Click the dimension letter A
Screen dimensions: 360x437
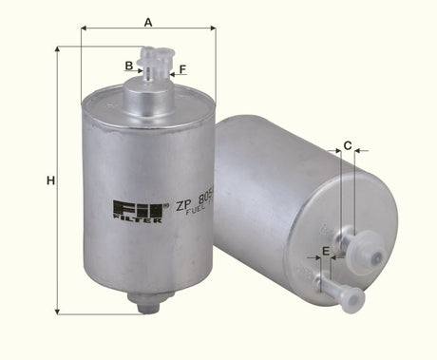pos(148,20)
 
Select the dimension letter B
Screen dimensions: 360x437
pos(128,66)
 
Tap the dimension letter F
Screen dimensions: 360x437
pos(182,68)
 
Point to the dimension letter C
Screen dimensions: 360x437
pos(348,145)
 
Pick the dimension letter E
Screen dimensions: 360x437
pos(326,251)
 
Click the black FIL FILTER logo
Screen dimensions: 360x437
pos(137,211)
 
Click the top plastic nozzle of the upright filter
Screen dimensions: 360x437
pos(153,63)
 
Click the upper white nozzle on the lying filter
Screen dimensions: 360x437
pos(366,251)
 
